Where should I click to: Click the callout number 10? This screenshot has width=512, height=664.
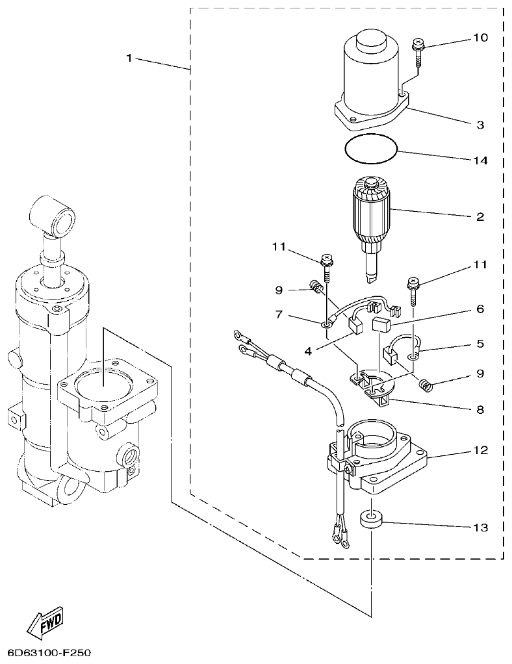(x=480, y=38)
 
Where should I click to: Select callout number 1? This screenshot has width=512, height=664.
(x=129, y=58)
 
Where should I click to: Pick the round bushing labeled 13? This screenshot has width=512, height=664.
(x=371, y=520)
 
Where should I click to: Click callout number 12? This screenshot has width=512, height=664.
(x=480, y=450)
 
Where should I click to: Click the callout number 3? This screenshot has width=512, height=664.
(x=480, y=125)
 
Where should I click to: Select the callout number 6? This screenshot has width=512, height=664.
(x=480, y=309)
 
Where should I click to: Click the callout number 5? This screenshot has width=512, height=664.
(x=480, y=343)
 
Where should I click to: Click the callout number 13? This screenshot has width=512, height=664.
(x=480, y=527)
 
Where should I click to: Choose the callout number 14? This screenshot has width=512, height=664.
(x=480, y=160)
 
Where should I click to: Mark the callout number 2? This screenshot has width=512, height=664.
(x=480, y=216)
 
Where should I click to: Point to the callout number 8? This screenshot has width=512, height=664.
(x=480, y=410)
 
